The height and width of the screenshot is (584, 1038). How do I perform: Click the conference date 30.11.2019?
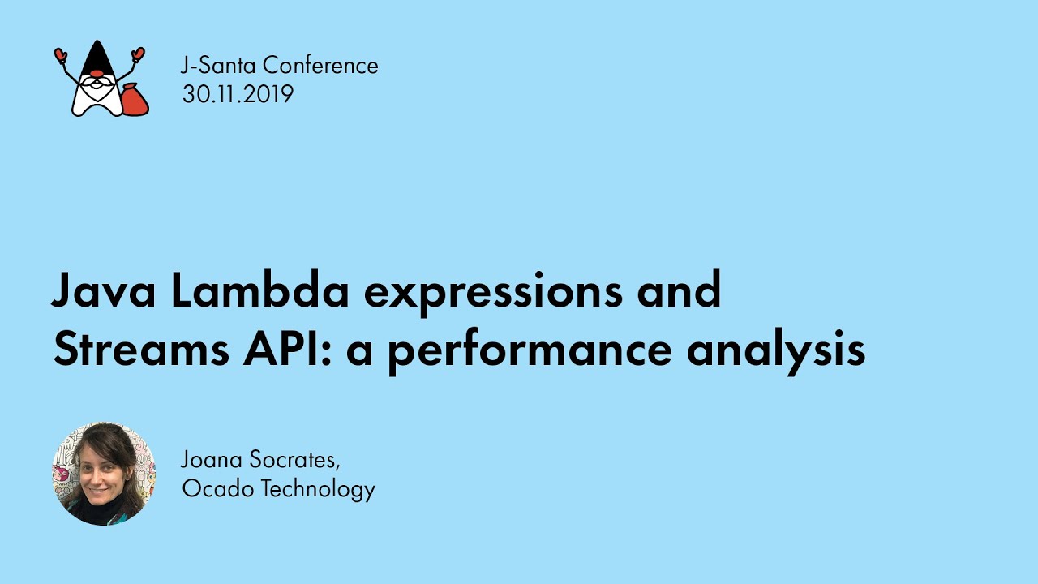[x=238, y=94]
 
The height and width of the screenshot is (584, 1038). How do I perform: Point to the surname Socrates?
[x=295, y=460]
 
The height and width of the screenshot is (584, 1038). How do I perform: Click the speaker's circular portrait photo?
[x=104, y=474]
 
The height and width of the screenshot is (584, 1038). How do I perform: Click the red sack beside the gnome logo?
[x=134, y=101]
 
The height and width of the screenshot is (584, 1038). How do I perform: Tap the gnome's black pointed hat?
[x=97, y=58]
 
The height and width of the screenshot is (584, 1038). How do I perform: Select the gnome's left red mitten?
[x=60, y=55]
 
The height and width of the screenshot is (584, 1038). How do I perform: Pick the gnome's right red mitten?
[x=138, y=54]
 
